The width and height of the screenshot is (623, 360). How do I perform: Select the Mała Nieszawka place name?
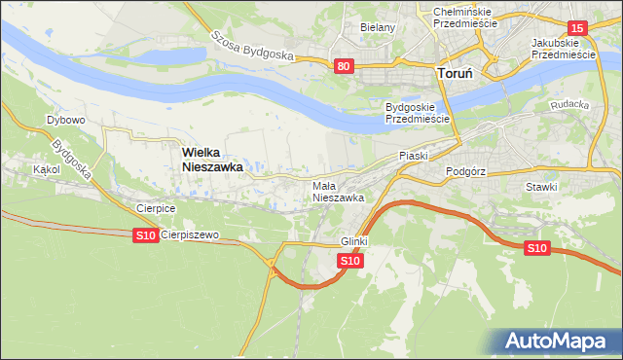pyautogui.click(x=338, y=191)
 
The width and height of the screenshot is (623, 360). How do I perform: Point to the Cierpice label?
pyautogui.click(x=156, y=208)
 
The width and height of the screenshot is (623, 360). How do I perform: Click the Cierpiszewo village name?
pyautogui.click(x=190, y=234)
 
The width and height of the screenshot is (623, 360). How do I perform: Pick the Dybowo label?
pyautogui.click(x=66, y=120)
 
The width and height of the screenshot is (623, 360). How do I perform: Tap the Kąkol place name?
pyautogui.click(x=46, y=169)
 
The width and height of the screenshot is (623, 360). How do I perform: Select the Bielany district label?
pyautogui.click(x=378, y=27)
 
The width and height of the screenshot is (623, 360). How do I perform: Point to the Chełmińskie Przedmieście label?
pyautogui.click(x=458, y=16)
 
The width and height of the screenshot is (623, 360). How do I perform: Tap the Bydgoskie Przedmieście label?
pyautogui.click(x=417, y=112)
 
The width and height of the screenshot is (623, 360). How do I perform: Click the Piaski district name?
pyautogui.click(x=414, y=156)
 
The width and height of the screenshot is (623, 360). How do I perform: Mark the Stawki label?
pyautogui.click(x=541, y=187)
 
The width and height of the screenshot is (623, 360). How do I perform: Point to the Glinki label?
pyautogui.click(x=354, y=241)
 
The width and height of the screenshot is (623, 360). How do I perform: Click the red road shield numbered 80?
pyautogui.click(x=343, y=66)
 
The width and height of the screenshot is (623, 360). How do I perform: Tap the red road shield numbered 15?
pyautogui.click(x=577, y=29)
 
